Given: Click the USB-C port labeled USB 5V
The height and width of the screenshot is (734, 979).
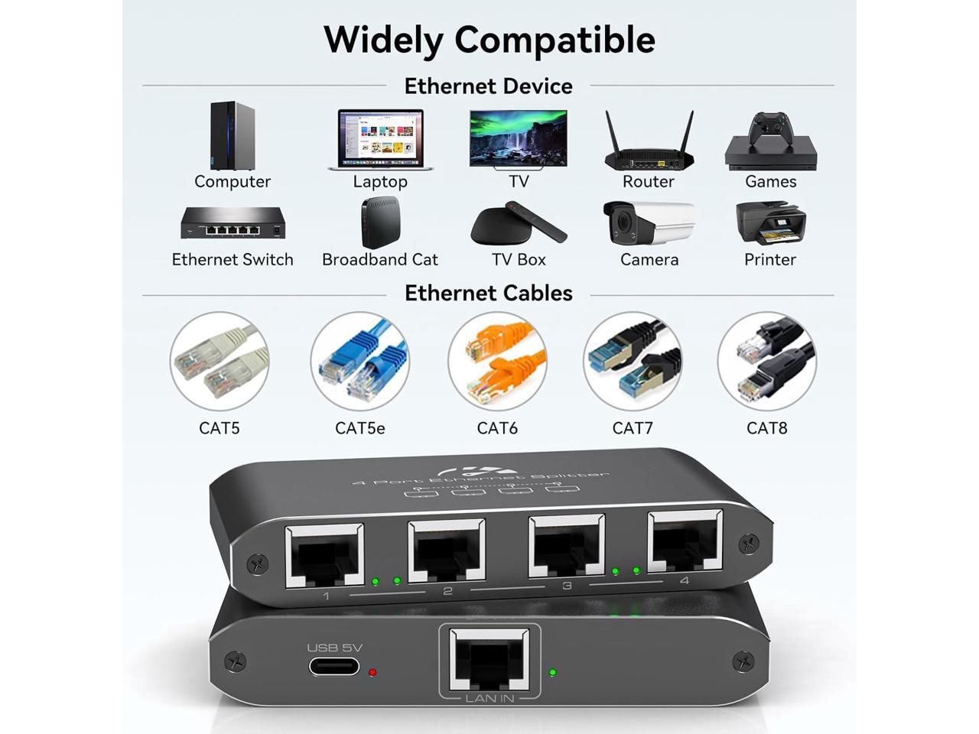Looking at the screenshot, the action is (x=334, y=666).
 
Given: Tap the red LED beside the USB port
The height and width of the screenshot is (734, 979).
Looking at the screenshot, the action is (x=372, y=673).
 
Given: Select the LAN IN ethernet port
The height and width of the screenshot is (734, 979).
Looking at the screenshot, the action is (x=489, y=659).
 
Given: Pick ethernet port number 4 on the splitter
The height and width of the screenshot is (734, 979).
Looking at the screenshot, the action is (x=685, y=542).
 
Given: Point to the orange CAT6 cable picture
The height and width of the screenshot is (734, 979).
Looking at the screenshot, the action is (x=497, y=361).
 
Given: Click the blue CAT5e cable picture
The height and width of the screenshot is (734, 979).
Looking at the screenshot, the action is (x=360, y=361).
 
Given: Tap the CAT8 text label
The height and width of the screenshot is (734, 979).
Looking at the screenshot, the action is (x=766, y=428).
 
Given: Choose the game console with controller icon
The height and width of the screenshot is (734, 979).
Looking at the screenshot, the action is (x=771, y=141).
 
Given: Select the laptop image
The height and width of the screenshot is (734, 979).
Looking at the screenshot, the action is (x=380, y=140).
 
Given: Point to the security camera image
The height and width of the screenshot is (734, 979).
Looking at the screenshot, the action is (x=649, y=223).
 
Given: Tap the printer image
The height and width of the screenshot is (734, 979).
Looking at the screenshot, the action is (x=770, y=223).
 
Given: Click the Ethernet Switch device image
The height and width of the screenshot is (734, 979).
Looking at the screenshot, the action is (x=233, y=222).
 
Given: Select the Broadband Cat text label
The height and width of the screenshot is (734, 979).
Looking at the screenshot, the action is (x=379, y=260).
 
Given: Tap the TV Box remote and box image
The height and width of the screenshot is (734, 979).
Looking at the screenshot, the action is (x=519, y=222).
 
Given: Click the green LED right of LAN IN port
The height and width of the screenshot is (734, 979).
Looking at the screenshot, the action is (x=552, y=673).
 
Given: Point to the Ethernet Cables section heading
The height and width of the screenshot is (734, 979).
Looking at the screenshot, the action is (x=488, y=294).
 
